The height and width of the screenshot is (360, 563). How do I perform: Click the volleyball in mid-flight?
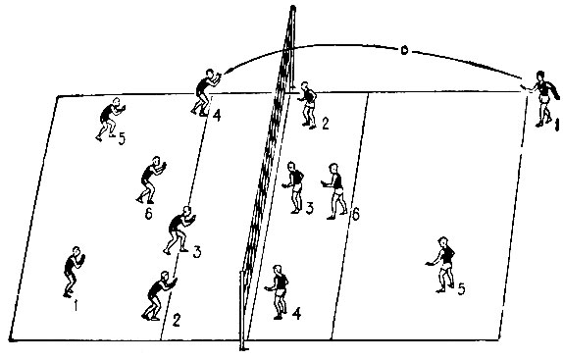click(404, 51)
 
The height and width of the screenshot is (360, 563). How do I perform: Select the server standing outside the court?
click(543, 99)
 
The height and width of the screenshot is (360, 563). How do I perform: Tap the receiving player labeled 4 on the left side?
click(205, 92)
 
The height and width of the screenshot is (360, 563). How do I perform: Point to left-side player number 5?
click(110, 119)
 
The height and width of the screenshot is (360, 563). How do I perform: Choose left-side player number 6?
click(151, 180)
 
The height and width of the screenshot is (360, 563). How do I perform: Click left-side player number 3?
click(180, 231)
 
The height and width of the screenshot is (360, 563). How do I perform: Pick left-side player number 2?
click(158, 296)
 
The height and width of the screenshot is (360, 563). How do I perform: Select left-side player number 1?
click(74, 272)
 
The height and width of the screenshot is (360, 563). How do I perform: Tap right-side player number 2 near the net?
click(308, 105)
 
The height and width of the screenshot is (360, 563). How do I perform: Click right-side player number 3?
click(294, 187)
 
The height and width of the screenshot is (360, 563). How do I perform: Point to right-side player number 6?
click(335, 191)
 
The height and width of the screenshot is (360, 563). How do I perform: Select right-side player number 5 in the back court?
click(442, 265)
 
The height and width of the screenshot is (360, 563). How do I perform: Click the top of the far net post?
click(293, 8)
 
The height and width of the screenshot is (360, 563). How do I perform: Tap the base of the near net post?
click(244, 348)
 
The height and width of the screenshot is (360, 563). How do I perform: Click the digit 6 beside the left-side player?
click(149, 214)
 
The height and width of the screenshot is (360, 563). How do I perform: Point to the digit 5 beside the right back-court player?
click(461, 289)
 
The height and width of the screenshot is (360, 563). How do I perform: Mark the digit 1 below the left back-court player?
click(76, 305)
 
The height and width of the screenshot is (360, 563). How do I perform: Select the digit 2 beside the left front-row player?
click(176, 320)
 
